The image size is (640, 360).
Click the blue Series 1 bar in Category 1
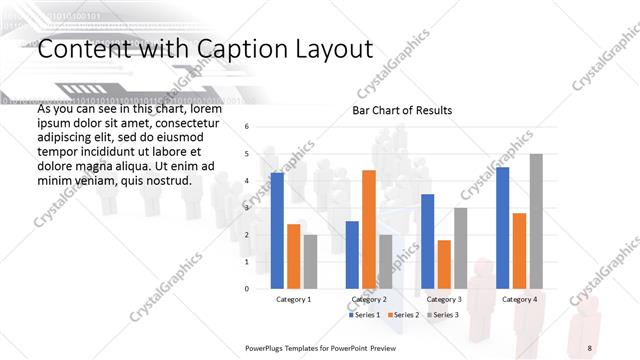point(277,230)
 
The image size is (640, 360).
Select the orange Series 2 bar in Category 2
point(368,229)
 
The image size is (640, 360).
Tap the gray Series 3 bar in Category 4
point(536,221)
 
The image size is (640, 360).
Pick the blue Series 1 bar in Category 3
point(427,241)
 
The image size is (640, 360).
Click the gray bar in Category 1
point(310,261)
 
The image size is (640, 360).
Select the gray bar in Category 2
point(385,261)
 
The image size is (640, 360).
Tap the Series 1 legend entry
point(366,316)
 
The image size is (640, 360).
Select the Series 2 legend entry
point(403,316)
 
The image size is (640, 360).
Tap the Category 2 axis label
point(369,299)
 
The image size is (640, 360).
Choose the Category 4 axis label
point(519,299)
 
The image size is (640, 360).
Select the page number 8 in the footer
point(590,346)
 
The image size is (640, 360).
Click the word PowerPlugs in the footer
point(267,346)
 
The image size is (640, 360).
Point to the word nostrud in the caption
point(165,181)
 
